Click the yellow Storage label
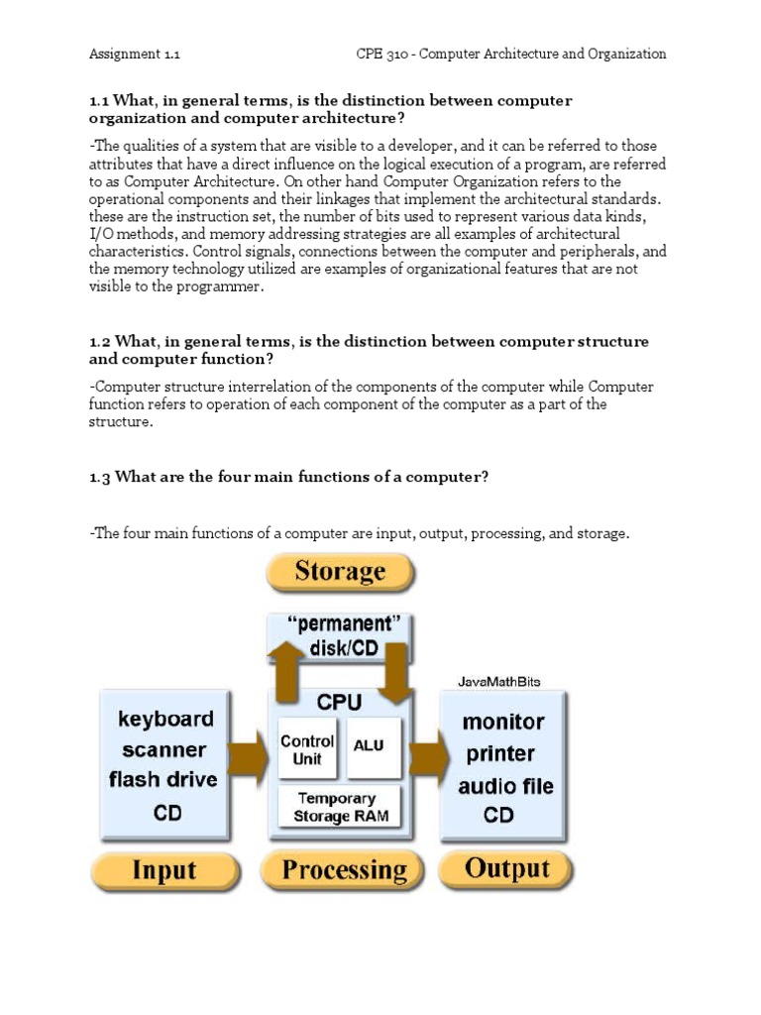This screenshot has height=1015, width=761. [340, 572]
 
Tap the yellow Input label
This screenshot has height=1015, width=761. [164, 871]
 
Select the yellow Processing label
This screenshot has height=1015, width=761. [344, 870]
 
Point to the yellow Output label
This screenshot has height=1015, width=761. [506, 869]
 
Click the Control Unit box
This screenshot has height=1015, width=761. [308, 749]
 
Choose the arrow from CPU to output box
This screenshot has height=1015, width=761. [428, 758]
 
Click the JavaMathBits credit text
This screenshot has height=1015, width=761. [499, 682]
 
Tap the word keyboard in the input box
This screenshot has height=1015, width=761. [165, 718]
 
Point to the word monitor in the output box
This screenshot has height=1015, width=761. [502, 722]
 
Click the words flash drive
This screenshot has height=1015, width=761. [163, 779]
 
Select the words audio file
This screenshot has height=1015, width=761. [505, 786]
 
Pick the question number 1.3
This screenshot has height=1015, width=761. [100, 477]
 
